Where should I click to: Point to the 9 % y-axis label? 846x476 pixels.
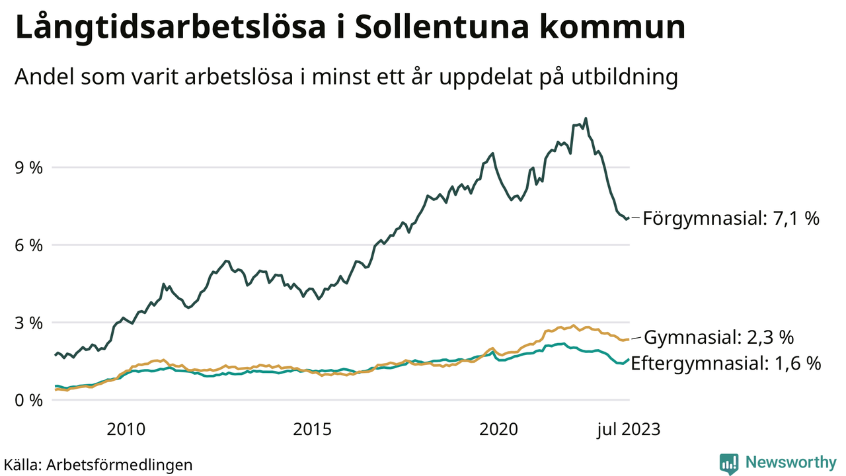click(30, 168)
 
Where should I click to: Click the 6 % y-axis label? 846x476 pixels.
click(30, 245)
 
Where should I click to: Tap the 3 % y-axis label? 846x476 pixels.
click(30, 323)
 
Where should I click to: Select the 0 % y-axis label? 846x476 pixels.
click(30, 401)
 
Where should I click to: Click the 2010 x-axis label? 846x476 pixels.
click(126, 429)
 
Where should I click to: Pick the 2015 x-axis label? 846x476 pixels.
click(312, 429)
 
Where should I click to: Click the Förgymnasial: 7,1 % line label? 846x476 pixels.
click(731, 218)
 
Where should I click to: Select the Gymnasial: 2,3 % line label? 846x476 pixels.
click(718, 338)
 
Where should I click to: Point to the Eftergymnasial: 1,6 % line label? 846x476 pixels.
click(726, 363)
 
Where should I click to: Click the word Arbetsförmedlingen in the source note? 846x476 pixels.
click(120, 465)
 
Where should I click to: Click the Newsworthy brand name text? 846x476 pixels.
click(790, 462)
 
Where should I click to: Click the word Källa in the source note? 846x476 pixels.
click(22, 465)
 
